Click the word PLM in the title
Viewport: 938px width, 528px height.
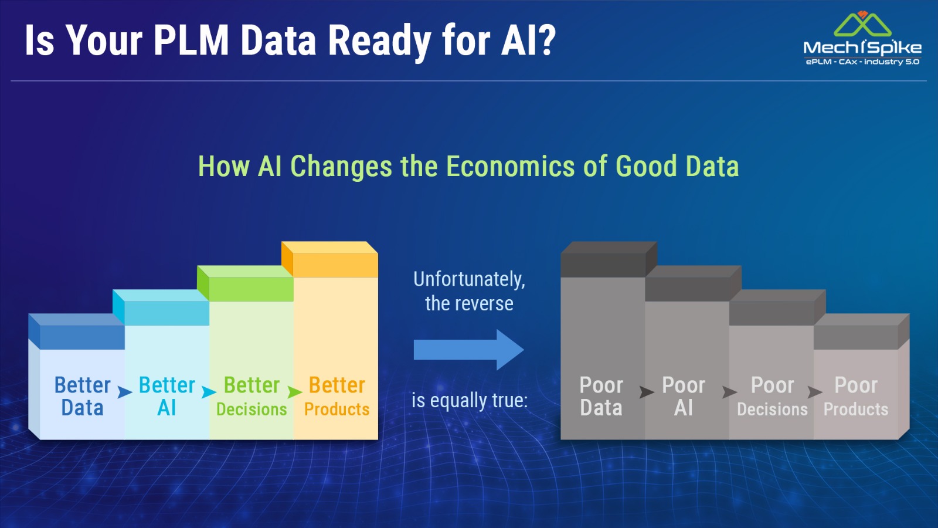191,40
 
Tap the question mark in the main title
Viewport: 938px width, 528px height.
546,40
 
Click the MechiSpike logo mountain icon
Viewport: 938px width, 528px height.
862,24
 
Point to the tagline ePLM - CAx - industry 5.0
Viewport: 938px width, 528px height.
862,62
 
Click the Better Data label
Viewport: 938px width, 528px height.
83,397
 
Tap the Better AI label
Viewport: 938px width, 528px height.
166,397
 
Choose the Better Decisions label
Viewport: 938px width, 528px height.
252,397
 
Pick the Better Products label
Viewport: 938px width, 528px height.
337,397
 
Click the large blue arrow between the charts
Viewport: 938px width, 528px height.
468,350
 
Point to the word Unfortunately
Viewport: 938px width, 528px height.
469,279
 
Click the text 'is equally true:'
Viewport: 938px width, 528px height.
470,400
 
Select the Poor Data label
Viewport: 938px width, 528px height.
601,397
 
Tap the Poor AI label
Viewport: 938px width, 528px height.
684,397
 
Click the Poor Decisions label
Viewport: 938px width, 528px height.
772,397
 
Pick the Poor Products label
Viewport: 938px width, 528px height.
856,397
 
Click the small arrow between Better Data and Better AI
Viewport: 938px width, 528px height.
124,392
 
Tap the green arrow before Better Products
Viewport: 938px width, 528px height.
294,392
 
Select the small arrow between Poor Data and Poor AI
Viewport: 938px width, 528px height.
647,392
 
